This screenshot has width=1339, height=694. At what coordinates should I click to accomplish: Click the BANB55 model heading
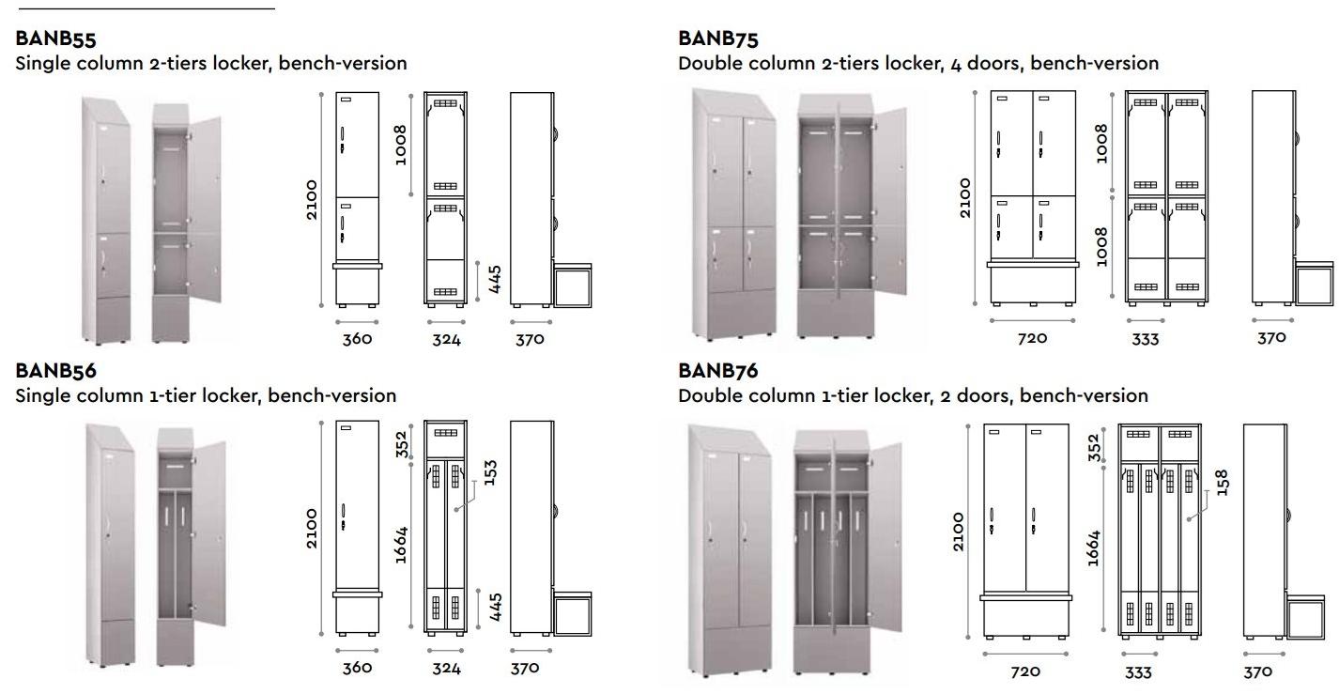point(56,39)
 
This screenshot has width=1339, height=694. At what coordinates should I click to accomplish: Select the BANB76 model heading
point(718,371)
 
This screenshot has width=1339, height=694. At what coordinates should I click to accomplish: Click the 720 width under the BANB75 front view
point(1032,338)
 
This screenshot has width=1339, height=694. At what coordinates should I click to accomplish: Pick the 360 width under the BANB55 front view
point(357,338)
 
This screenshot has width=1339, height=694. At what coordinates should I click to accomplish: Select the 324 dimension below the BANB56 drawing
point(446,669)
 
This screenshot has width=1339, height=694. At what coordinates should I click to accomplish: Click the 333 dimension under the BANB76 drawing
point(1138,672)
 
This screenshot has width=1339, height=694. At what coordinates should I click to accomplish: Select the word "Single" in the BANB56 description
point(44,395)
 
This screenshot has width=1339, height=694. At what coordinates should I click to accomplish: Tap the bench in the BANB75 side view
point(1315,283)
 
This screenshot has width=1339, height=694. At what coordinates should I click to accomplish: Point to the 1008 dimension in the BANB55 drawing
point(401,145)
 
